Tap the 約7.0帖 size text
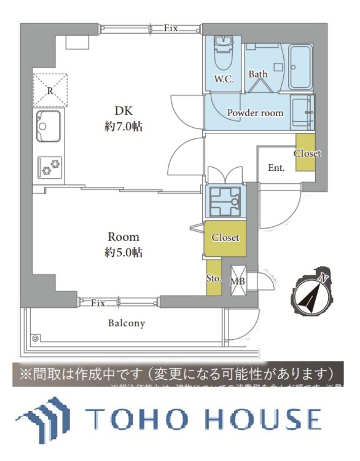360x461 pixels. click(x=124, y=127)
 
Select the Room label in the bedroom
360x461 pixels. click(x=123, y=237)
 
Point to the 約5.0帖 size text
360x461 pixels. click(x=123, y=252)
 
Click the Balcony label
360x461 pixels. click(x=127, y=323)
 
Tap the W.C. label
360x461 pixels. click(x=222, y=79)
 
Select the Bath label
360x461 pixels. click(x=258, y=74)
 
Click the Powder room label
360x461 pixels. click(x=255, y=113)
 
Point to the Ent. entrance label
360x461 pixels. click(x=276, y=168)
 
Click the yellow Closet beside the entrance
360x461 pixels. click(x=306, y=152)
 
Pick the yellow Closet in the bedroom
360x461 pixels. click(x=225, y=238)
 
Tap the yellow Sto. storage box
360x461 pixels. click(x=213, y=277)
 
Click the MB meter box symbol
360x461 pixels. click(x=238, y=281)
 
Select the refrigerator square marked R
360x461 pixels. click(x=50, y=90)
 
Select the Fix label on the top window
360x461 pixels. click(x=170, y=28)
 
